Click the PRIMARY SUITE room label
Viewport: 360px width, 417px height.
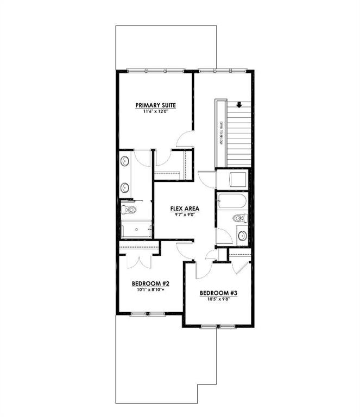[156, 105]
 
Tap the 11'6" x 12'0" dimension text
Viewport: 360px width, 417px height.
[156, 111]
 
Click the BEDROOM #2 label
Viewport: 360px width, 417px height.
[151, 283]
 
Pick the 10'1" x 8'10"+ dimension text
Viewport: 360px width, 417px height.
[151, 289]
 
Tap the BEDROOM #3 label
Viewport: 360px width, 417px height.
[218, 293]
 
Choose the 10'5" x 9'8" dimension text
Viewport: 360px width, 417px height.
[218, 299]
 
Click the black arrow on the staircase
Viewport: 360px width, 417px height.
[239, 106]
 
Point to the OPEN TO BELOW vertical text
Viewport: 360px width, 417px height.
[222, 133]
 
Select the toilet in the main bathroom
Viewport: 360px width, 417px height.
[239, 218]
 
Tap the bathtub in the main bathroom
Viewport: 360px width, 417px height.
[232, 201]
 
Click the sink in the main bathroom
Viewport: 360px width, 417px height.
[242, 236]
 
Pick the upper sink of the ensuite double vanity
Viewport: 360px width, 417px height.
[124, 161]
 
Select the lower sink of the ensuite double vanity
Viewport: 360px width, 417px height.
[124, 188]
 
